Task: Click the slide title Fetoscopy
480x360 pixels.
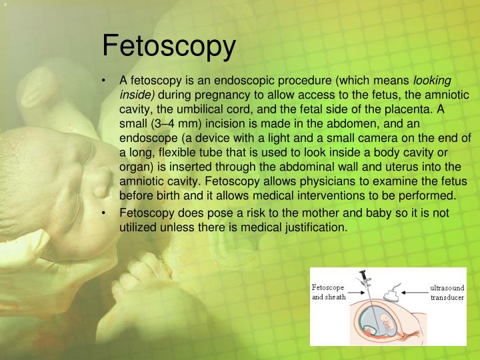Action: coord(169,46)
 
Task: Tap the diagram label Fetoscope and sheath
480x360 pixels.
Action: coord(330,292)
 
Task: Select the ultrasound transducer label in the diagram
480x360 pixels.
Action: coord(447,292)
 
